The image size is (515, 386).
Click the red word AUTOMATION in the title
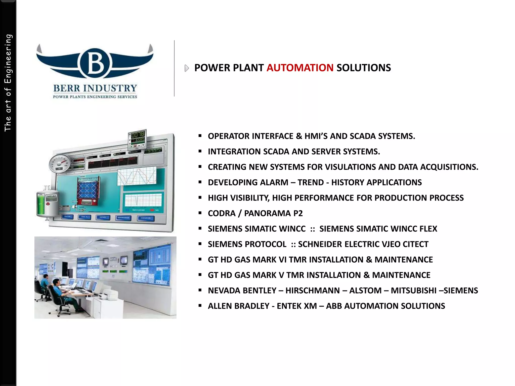300,68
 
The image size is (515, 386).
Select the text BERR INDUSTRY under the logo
95,88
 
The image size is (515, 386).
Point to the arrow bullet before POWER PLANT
186,68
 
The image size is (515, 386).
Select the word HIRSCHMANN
312,291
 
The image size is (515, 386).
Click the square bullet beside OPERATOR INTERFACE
200,136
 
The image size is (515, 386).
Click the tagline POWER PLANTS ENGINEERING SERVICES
95,97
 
